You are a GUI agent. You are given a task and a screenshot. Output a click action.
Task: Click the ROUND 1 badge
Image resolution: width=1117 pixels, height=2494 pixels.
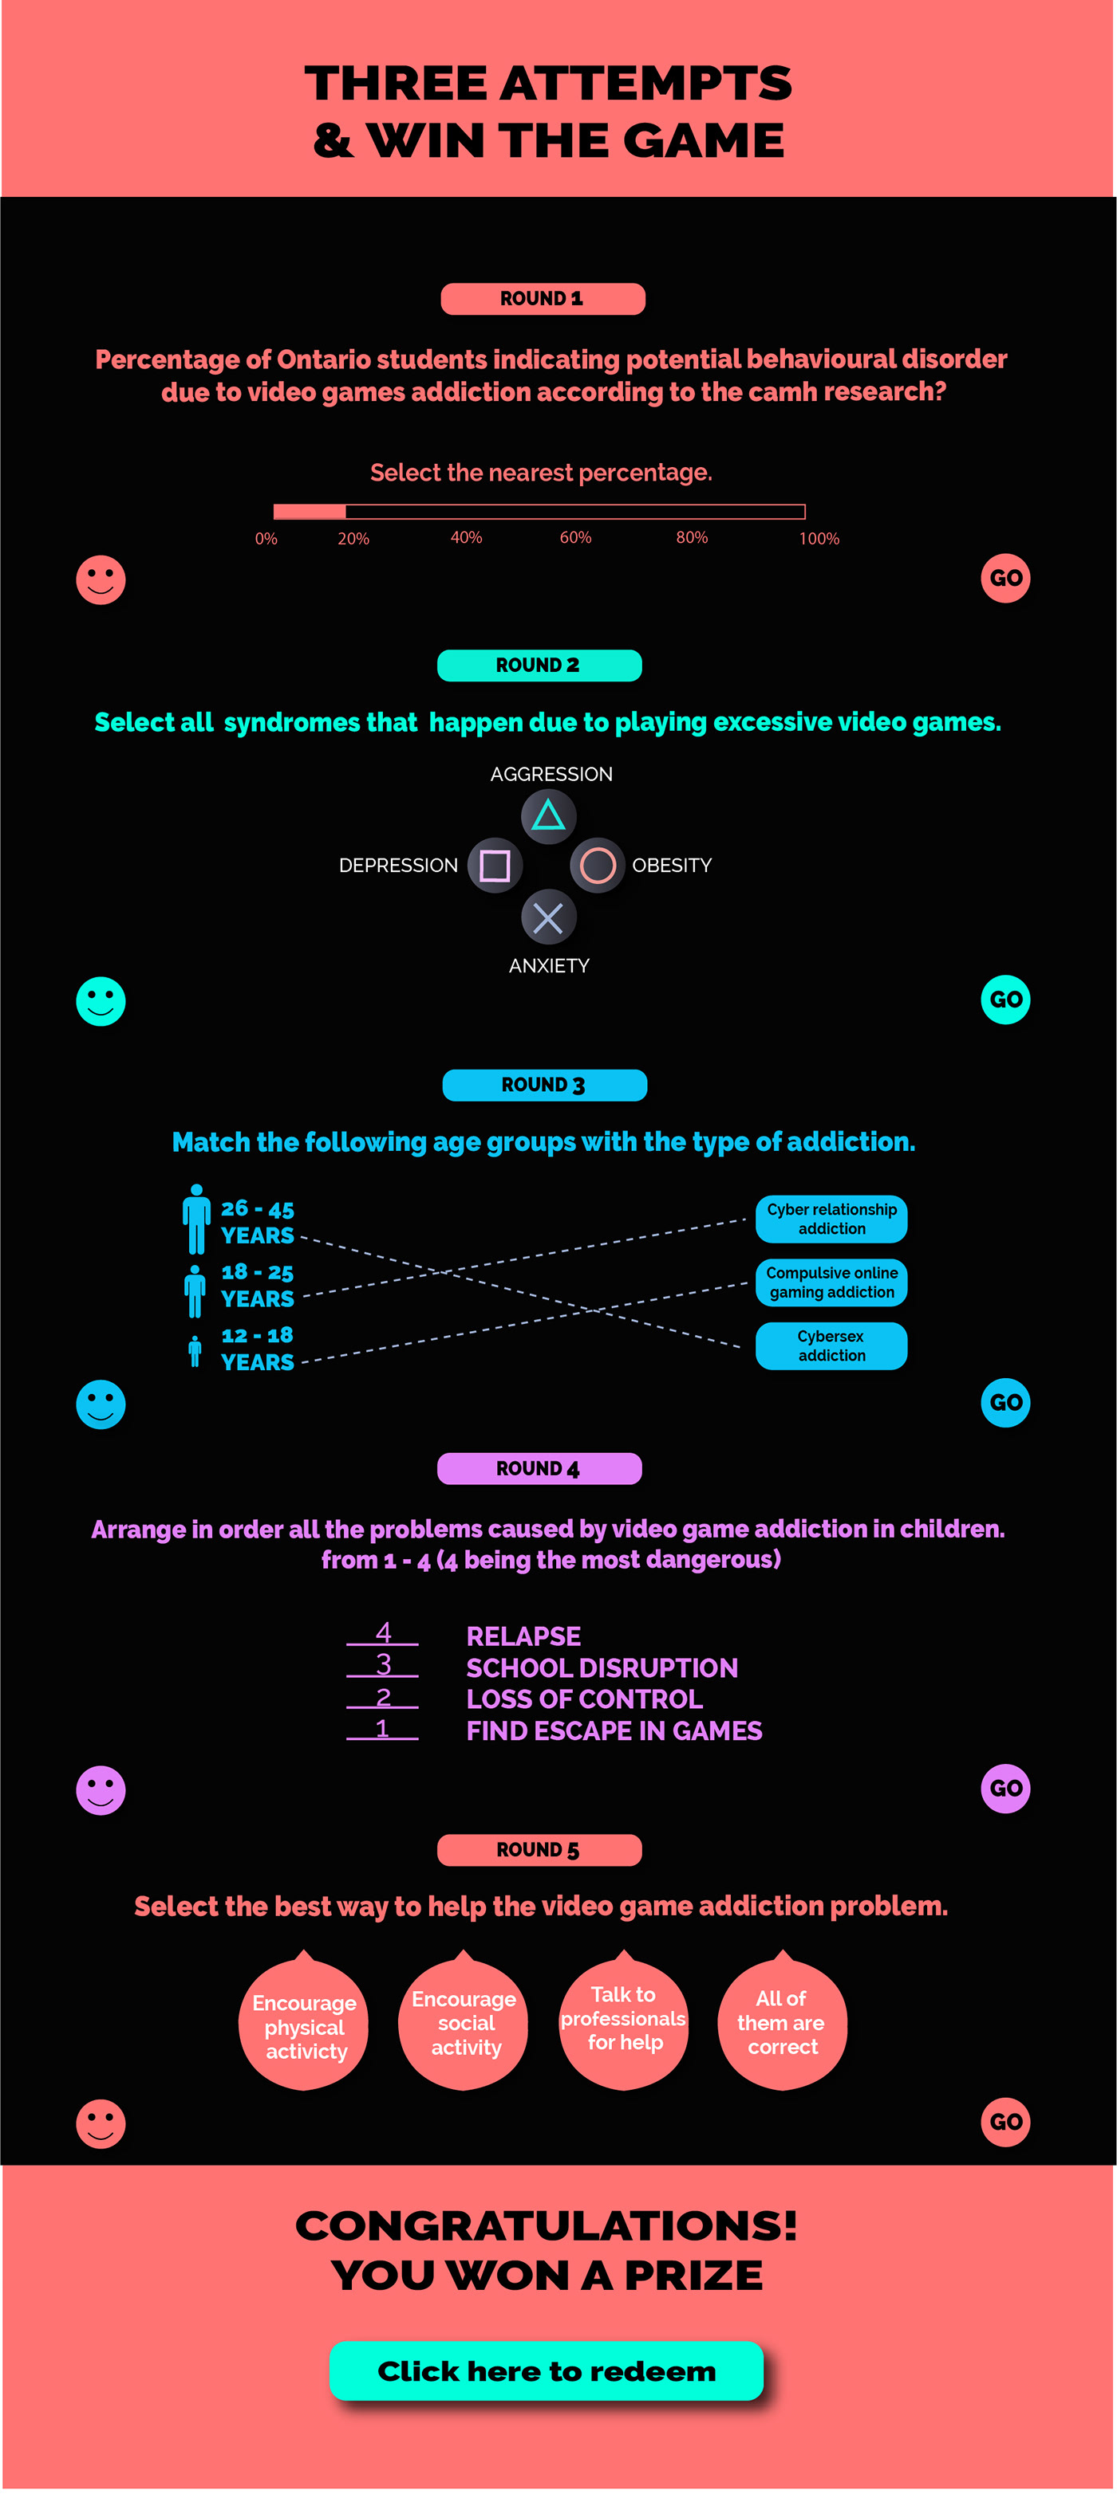pyautogui.click(x=543, y=298)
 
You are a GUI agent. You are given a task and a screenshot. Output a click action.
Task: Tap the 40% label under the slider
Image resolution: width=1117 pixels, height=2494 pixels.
pyautogui.click(x=466, y=537)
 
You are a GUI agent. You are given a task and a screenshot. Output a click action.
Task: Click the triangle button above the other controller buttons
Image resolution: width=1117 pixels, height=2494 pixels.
pyautogui.click(x=548, y=815)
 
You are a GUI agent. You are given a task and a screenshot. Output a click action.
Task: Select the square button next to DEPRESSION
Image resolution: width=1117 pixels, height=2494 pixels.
pyautogui.click(x=495, y=865)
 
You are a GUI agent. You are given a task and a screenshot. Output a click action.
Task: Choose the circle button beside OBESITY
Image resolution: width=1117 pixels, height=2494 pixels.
pyautogui.click(x=597, y=865)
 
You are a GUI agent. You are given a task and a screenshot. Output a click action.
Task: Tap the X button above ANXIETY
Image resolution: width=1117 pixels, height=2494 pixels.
pyautogui.click(x=548, y=917)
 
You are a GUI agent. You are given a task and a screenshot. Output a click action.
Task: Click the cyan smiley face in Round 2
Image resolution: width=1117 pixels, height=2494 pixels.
pyautogui.click(x=101, y=1001)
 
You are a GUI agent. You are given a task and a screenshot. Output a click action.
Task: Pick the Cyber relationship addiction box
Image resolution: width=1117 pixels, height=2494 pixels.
pyautogui.click(x=831, y=1219)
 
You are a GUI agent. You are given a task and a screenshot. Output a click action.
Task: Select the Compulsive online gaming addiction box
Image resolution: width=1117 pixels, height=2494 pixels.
pyautogui.click(x=831, y=1282)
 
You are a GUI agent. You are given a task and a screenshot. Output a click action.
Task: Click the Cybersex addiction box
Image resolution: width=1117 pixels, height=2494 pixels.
pyautogui.click(x=831, y=1345)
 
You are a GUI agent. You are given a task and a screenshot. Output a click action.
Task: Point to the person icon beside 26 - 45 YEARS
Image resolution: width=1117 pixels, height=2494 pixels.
pyautogui.click(x=196, y=1219)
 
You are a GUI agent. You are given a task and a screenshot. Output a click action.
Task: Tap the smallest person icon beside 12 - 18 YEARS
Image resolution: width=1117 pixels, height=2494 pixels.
pyautogui.click(x=195, y=1350)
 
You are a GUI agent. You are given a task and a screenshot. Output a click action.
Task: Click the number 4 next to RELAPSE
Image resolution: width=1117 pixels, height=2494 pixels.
pyautogui.click(x=384, y=1632)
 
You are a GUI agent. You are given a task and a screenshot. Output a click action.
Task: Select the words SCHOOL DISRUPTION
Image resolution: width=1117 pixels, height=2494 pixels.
pyautogui.click(x=602, y=1667)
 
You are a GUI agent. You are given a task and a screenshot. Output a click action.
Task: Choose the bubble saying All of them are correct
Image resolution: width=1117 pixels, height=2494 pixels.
pyautogui.click(x=783, y=2021)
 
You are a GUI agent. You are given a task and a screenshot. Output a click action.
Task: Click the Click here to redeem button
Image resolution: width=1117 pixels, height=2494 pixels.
pyautogui.click(x=547, y=2370)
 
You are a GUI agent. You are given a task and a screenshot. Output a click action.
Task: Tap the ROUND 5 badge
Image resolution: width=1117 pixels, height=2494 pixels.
pyautogui.click(x=539, y=1849)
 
